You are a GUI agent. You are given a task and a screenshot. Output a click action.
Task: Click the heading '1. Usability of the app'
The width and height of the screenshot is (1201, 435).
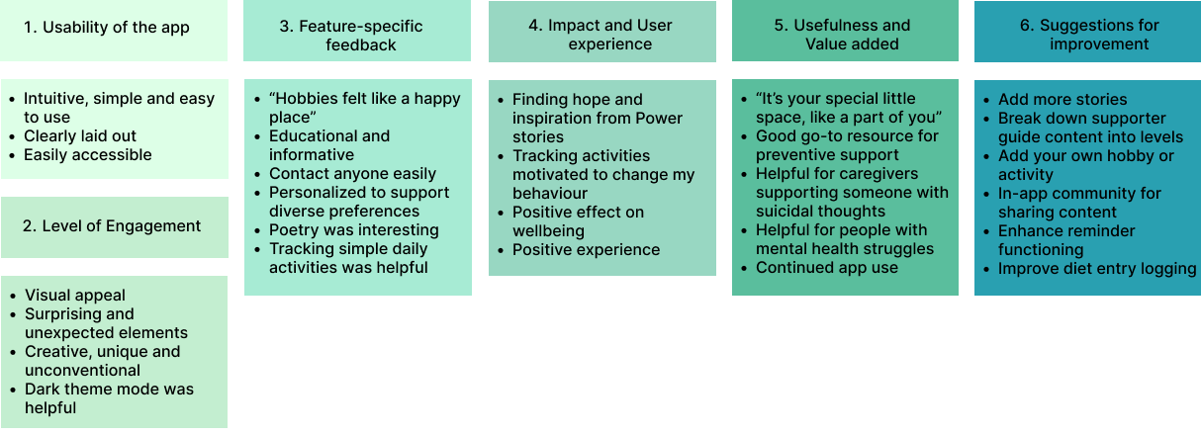click(x=106, y=27)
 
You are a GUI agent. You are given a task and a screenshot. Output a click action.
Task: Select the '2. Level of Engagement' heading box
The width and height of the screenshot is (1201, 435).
click(x=112, y=226)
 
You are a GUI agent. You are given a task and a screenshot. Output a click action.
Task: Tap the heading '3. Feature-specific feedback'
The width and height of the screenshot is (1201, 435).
click(x=357, y=35)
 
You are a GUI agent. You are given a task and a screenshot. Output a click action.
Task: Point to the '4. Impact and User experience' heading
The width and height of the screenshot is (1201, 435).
click(x=602, y=35)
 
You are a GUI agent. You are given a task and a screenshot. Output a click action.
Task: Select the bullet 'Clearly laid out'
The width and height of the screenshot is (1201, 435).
click(x=80, y=136)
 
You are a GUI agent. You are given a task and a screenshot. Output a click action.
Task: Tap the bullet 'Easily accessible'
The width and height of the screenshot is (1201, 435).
click(x=88, y=155)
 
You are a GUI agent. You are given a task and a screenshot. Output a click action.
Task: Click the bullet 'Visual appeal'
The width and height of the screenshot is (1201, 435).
click(x=75, y=296)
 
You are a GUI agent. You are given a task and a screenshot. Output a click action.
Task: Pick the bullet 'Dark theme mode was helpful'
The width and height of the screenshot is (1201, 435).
click(x=109, y=398)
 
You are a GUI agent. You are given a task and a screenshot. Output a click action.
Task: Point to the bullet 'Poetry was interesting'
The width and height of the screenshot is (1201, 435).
click(x=354, y=230)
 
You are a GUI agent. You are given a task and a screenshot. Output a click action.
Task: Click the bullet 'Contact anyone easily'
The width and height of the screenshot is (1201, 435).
click(x=352, y=174)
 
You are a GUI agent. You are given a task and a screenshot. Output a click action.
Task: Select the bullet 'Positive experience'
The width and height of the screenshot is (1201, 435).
click(x=586, y=250)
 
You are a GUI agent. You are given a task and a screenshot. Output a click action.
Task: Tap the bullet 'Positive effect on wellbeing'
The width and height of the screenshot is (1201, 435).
click(x=578, y=222)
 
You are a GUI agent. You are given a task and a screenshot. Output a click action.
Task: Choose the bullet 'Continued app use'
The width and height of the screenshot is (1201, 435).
click(x=827, y=268)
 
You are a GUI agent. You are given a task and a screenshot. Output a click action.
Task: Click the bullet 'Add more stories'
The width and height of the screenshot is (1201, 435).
click(x=1062, y=100)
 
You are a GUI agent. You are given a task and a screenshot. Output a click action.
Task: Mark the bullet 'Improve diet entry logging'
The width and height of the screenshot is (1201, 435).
click(x=1097, y=269)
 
